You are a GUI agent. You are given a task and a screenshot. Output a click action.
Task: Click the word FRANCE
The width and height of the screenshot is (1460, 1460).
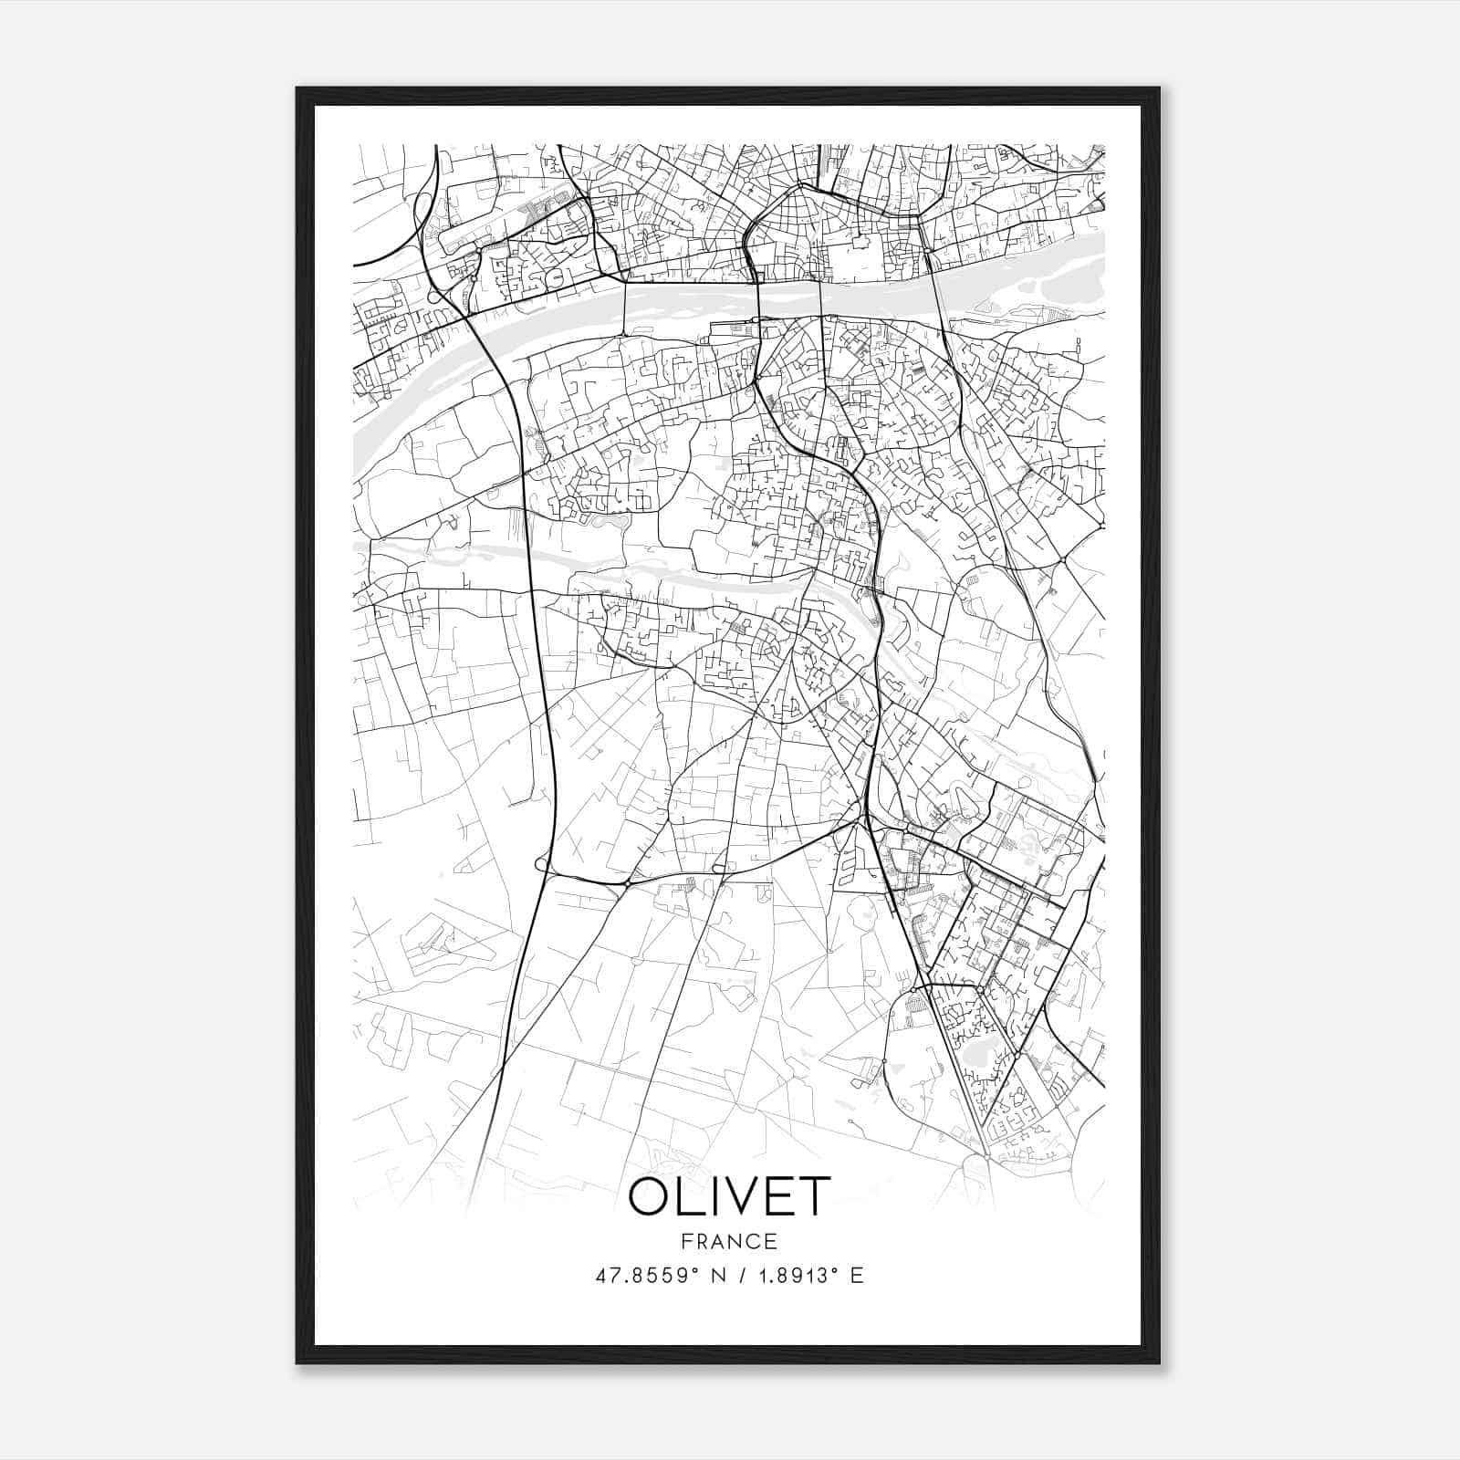point(729,1241)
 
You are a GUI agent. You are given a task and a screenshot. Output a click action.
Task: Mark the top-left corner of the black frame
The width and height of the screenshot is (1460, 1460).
point(297,89)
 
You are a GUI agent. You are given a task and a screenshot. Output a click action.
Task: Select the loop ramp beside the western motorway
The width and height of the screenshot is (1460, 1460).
point(543,863)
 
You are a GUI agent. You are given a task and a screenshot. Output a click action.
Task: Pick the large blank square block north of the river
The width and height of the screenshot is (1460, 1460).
point(858,260)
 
